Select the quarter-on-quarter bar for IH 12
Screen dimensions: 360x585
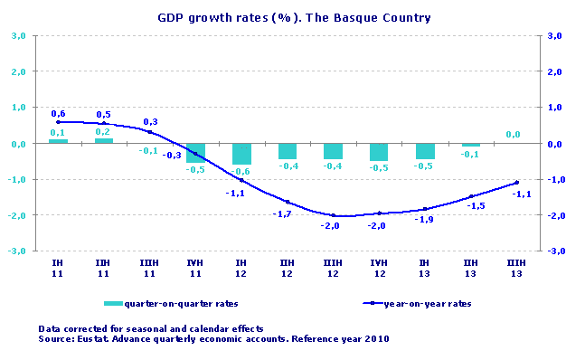[x=242, y=154]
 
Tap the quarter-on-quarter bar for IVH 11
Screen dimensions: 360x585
[x=196, y=152]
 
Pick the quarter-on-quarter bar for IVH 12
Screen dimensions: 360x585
[x=380, y=152]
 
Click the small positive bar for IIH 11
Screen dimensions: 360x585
[x=104, y=140]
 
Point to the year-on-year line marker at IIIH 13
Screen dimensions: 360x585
[x=516, y=183]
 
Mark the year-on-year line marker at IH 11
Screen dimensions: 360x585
[x=58, y=121]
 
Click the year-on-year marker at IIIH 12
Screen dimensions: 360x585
[x=334, y=215]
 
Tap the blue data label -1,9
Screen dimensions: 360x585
[x=424, y=221]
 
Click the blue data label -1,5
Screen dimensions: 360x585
[x=476, y=206]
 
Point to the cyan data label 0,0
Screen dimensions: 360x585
[x=513, y=135]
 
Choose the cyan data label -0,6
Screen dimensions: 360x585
[x=241, y=172]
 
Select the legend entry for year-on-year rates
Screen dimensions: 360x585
[x=425, y=303]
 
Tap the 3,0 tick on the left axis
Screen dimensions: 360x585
[x=18, y=36]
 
